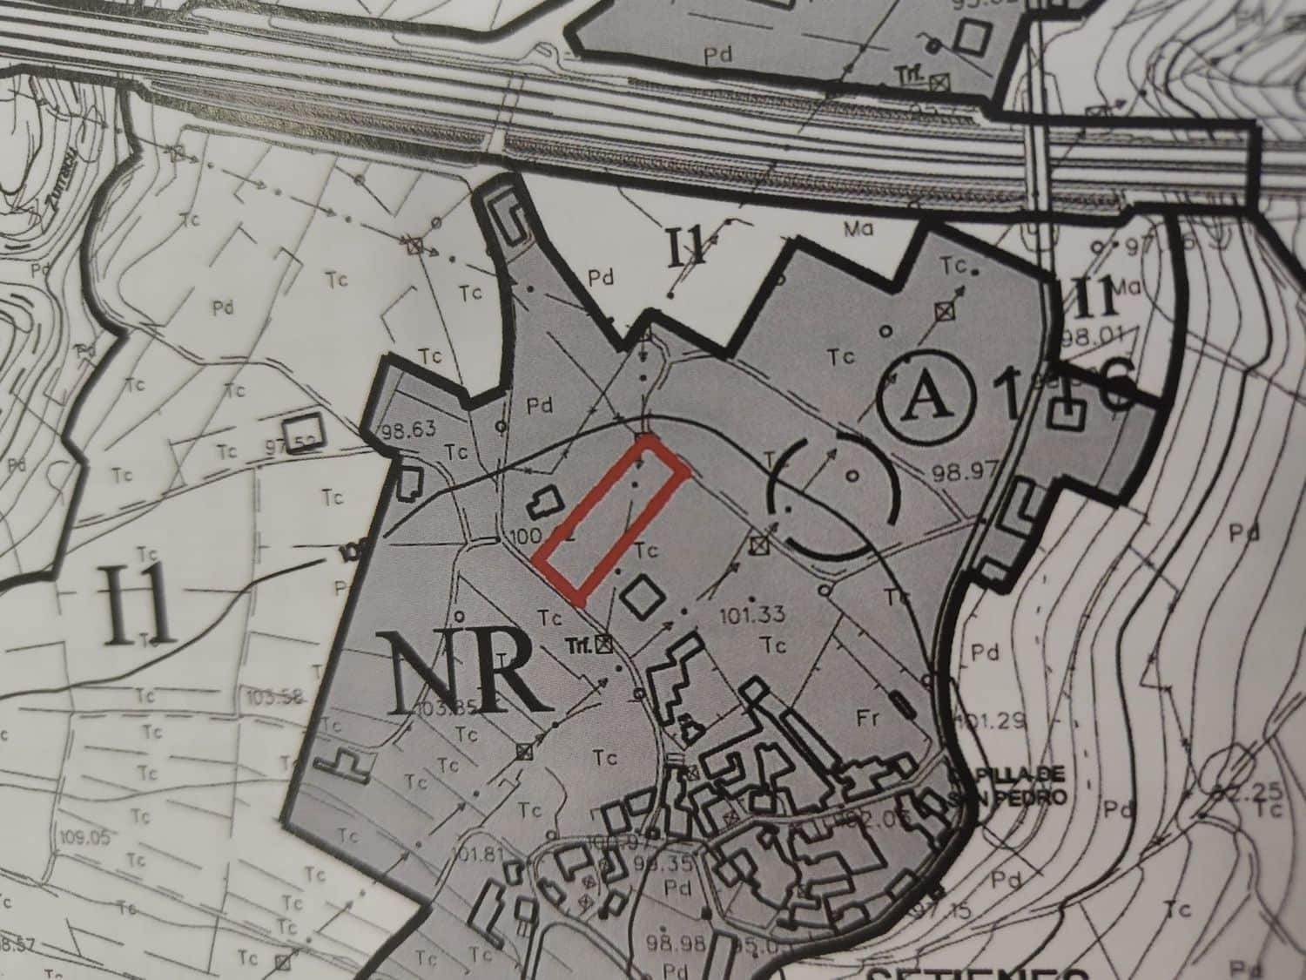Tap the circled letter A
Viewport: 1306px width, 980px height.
[x=926, y=398]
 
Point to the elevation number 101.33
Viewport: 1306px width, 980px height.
[x=754, y=615]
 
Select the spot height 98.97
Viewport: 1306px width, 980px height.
[x=963, y=473]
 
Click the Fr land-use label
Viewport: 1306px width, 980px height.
[x=865, y=719]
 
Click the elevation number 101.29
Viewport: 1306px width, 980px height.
[x=991, y=721]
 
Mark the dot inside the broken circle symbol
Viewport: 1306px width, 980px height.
[x=854, y=476]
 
